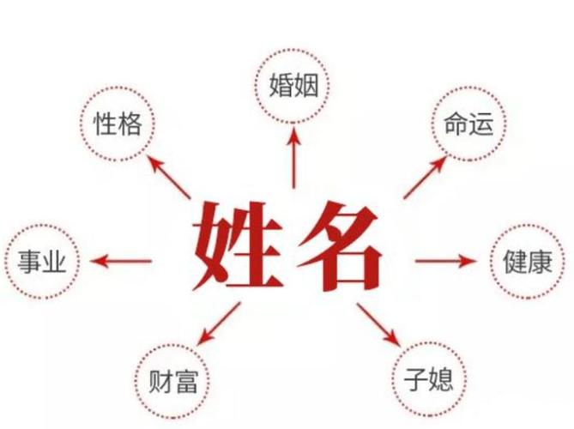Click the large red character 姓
click(x=238, y=245)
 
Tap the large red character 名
click(x=339, y=246)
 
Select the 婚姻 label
click(x=293, y=86)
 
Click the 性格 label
click(x=118, y=124)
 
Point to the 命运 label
click(x=468, y=124)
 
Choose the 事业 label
click(x=42, y=262)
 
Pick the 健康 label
click(x=528, y=262)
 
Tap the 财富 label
click(x=173, y=381)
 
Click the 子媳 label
click(x=428, y=379)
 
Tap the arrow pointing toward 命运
click(x=426, y=178)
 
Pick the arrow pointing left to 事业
click(x=121, y=262)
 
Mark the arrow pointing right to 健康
click(x=446, y=261)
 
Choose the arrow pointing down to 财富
click(x=219, y=323)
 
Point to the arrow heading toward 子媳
click(x=378, y=324)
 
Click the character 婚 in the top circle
click(x=281, y=86)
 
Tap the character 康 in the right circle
click(x=540, y=262)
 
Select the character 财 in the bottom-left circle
click(x=160, y=381)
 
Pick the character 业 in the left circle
click(x=55, y=262)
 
